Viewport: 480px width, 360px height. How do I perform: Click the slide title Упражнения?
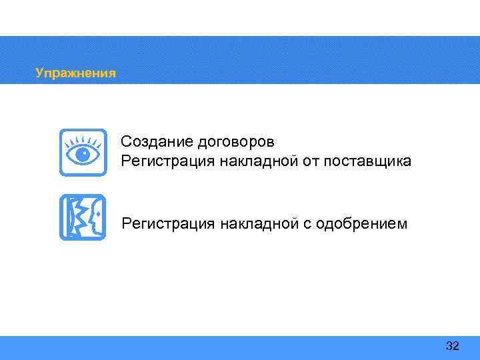click(75, 73)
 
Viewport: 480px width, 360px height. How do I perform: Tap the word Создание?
click(150, 142)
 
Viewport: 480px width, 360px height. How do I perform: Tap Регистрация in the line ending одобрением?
click(163, 224)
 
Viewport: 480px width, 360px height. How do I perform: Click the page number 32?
click(453, 346)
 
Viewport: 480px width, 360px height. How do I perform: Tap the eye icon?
click(83, 153)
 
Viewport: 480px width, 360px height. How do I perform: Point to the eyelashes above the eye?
click(83, 139)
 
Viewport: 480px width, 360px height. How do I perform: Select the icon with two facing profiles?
click(83, 217)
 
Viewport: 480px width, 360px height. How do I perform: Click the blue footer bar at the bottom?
click(240, 347)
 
